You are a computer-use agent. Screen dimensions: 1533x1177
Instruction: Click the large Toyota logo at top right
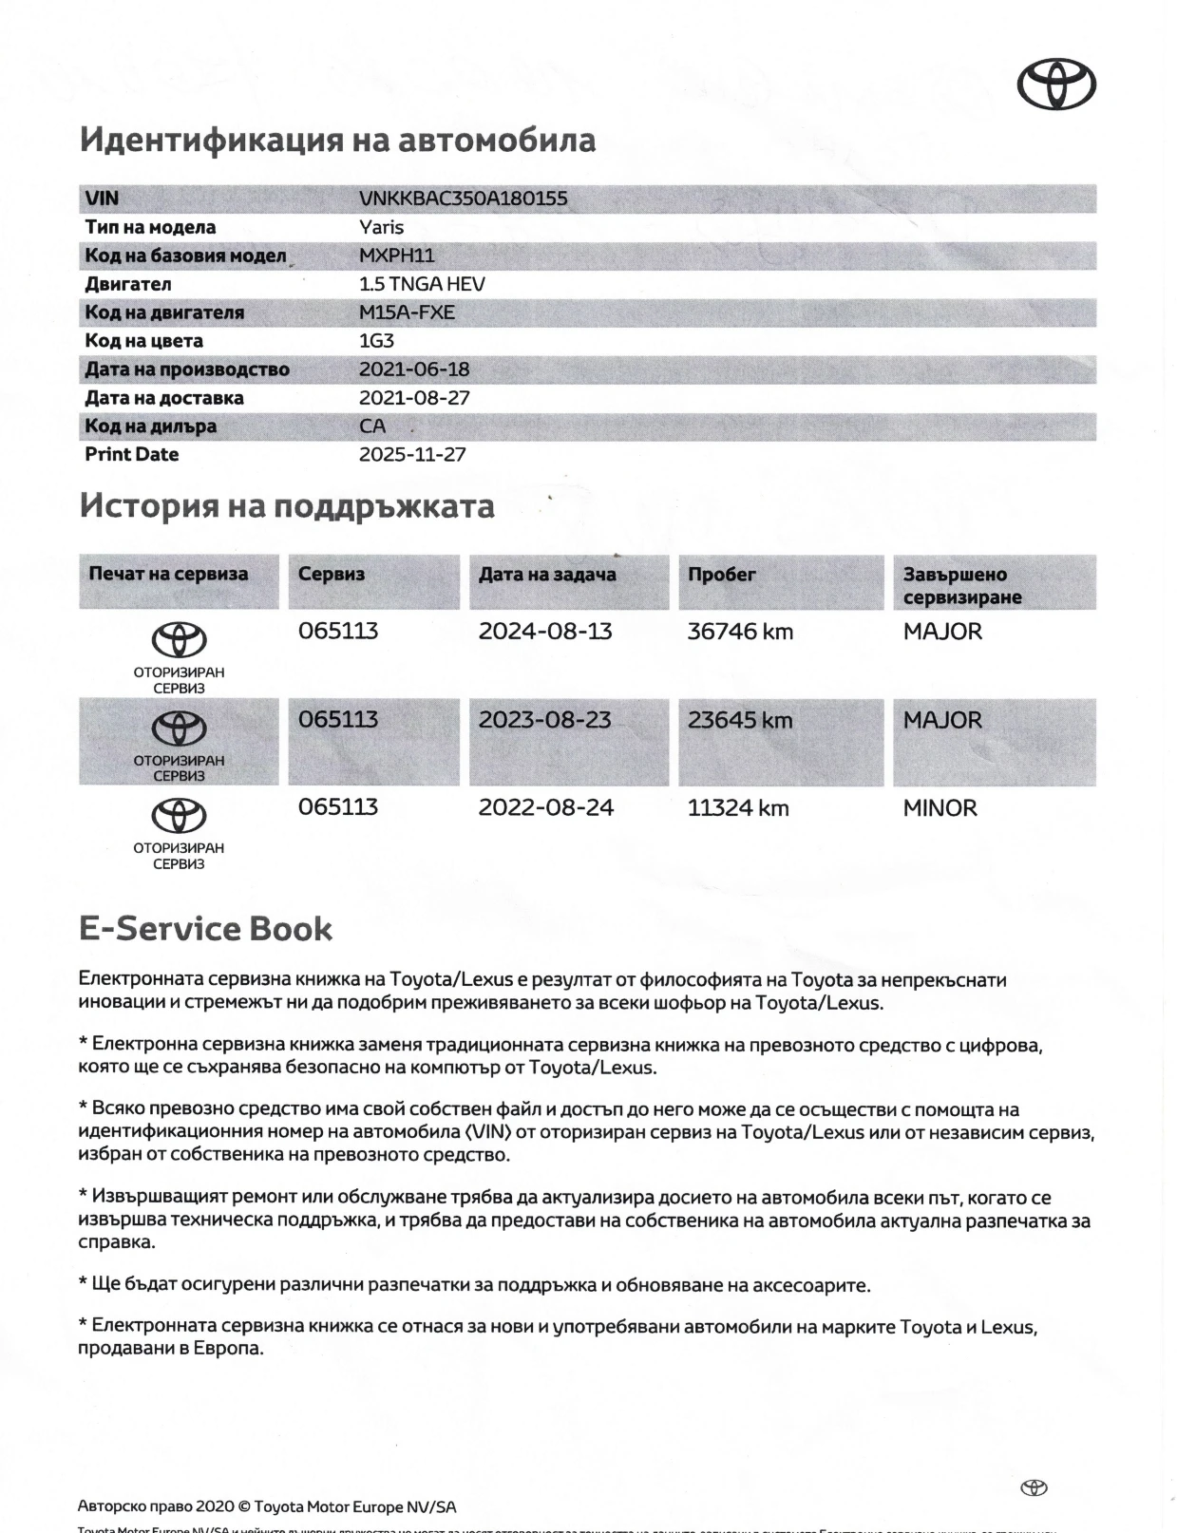tap(1056, 85)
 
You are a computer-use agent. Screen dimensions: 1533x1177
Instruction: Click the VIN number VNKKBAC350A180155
tap(463, 199)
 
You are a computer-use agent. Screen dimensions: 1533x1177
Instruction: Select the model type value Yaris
tap(381, 227)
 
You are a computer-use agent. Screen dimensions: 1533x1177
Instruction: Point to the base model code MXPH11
tap(396, 255)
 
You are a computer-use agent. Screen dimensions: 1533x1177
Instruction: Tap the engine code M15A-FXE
tap(407, 312)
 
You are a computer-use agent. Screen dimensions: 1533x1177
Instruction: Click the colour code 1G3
tap(376, 341)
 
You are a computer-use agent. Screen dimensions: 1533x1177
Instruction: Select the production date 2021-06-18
tap(414, 369)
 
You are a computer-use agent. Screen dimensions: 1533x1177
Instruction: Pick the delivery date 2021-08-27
tap(414, 398)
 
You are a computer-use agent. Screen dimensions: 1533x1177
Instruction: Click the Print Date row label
tap(131, 454)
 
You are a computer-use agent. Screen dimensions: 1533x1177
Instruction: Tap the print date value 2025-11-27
tap(412, 454)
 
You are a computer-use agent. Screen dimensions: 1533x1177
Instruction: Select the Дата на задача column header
tap(547, 575)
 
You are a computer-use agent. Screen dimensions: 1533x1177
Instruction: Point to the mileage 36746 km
tap(740, 632)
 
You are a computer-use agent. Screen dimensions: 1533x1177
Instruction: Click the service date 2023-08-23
tap(544, 720)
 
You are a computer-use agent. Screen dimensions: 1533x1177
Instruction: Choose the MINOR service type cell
tap(940, 808)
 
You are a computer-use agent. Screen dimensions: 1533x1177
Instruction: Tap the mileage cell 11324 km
tap(738, 808)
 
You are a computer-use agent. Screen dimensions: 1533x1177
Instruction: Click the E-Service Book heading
tap(205, 928)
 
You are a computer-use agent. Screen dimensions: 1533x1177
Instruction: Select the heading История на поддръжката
tap(287, 506)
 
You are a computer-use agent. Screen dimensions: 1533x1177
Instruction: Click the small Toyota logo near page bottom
tap(1033, 1487)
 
